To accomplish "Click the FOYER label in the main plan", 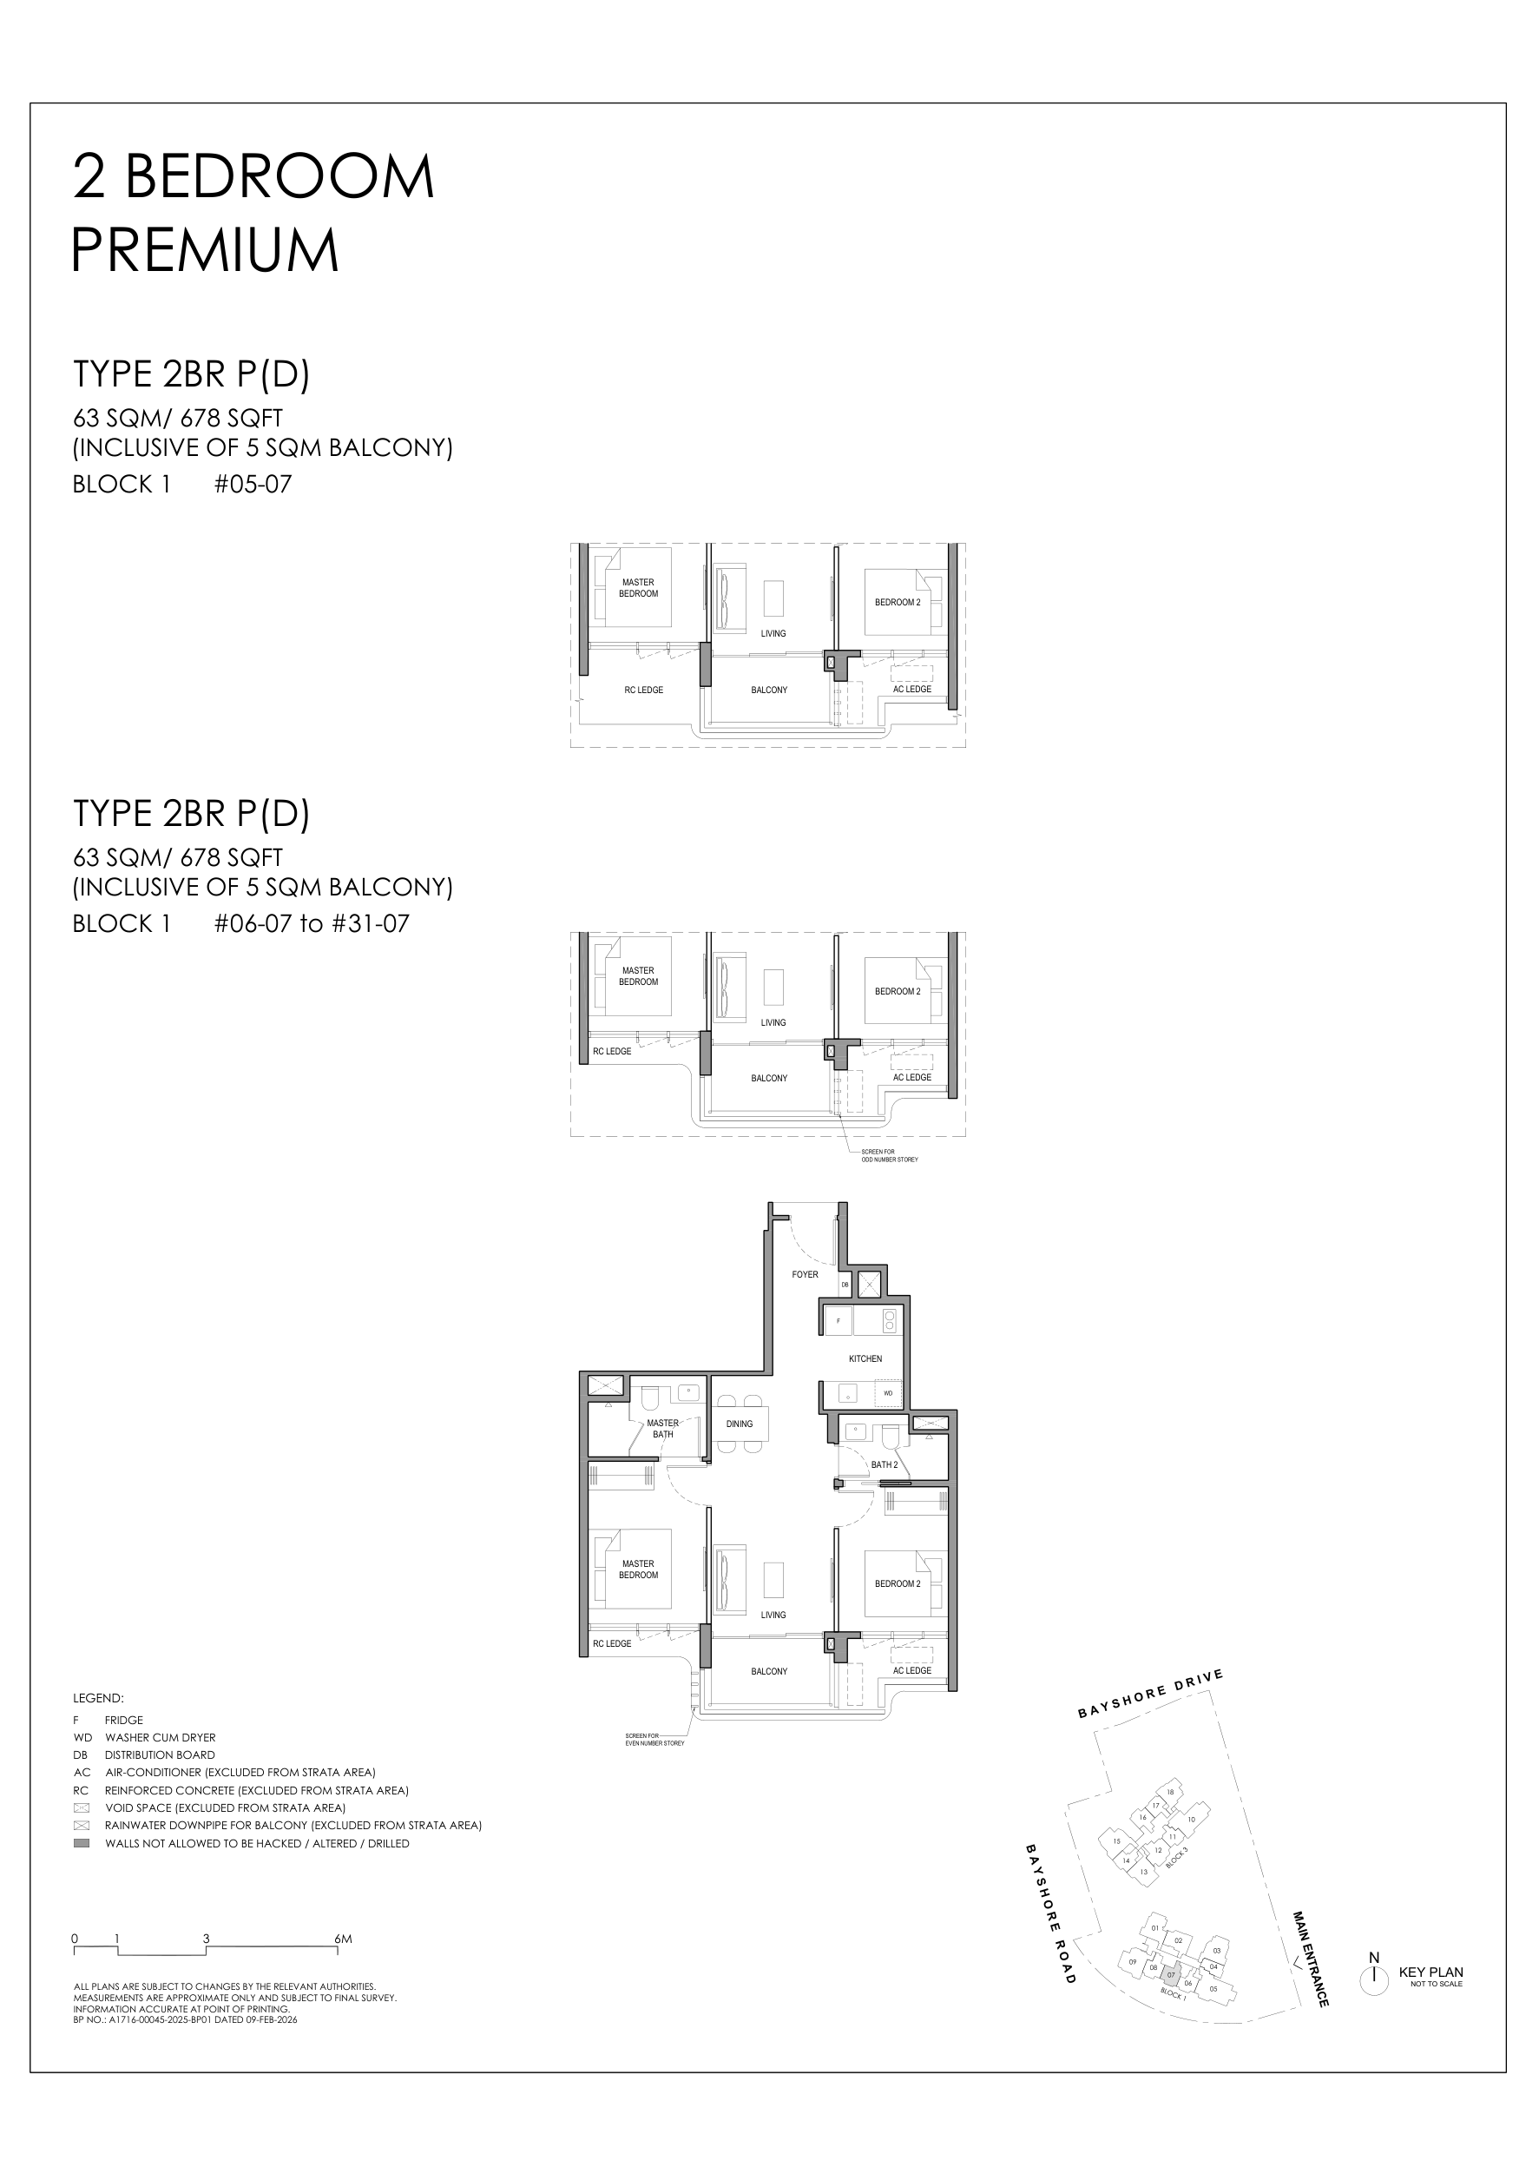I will [x=805, y=1274].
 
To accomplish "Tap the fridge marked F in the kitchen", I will [x=838, y=1321].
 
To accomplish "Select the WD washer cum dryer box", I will [x=888, y=1393].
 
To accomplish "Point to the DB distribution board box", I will [x=845, y=1285].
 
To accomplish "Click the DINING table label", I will [x=740, y=1424].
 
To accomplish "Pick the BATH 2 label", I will [x=885, y=1464].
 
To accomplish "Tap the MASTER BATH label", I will [x=662, y=1429].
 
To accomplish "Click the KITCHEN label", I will [x=865, y=1358].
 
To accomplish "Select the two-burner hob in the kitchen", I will [x=889, y=1321].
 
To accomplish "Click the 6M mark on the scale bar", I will [x=342, y=1939].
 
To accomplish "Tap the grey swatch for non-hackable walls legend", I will [x=82, y=1843].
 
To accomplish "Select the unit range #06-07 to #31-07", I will [x=312, y=923].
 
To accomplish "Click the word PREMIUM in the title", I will [x=205, y=250].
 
